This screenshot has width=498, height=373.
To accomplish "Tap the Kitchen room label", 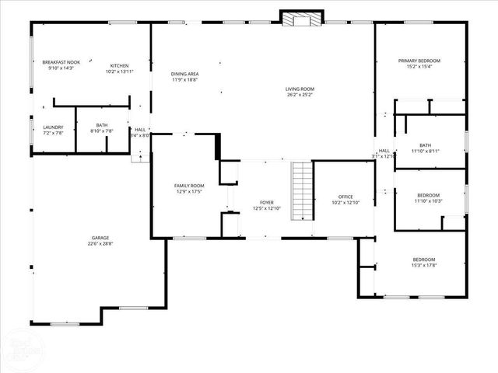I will (x=119, y=65).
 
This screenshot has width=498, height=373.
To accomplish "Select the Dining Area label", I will (x=184, y=74).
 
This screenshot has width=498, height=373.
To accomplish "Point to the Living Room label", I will (x=300, y=89).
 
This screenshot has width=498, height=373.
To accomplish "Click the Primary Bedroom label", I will (x=419, y=61).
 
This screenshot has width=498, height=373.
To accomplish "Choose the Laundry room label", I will (x=42, y=127).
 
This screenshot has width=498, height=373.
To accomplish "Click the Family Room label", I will (x=188, y=186).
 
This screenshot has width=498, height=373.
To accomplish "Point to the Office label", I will (x=345, y=197).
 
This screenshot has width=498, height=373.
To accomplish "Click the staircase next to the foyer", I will (x=302, y=191).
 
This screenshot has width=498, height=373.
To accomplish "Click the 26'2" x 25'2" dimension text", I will (x=300, y=95).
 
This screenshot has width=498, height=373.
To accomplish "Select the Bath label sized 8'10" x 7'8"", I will (x=102, y=125).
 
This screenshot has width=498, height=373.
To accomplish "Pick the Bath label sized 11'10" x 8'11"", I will (x=425, y=145).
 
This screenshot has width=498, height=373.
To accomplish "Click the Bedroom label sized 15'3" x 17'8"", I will (x=423, y=260).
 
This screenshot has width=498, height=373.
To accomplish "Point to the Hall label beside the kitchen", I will (x=140, y=130).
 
